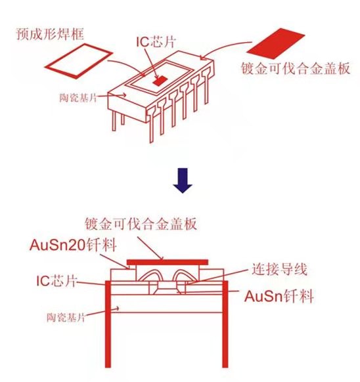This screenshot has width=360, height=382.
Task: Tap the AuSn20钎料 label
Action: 73,245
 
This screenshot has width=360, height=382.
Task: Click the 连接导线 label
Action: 276,269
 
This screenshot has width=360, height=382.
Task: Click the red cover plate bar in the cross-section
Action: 168,261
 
